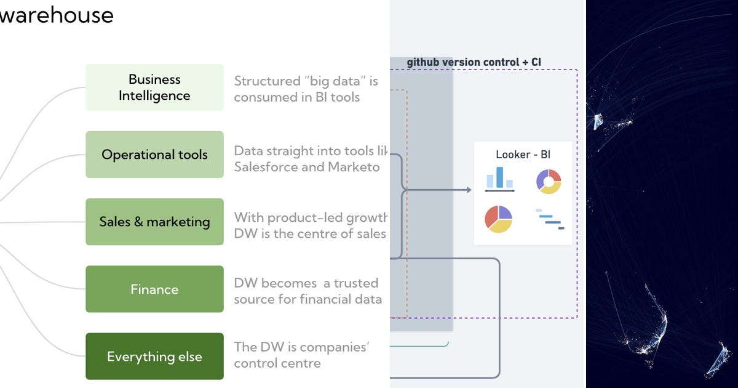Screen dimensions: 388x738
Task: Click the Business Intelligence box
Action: pyautogui.click(x=154, y=87)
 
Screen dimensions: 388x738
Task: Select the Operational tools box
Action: pyautogui.click(x=154, y=155)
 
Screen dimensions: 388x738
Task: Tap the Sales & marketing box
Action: pyautogui.click(x=154, y=222)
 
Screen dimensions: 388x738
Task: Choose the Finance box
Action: pyautogui.click(x=154, y=289)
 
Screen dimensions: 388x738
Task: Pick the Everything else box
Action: pyautogui.click(x=154, y=357)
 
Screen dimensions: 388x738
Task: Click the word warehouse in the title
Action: pyautogui.click(x=57, y=15)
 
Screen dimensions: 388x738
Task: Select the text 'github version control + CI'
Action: pyautogui.click(x=474, y=62)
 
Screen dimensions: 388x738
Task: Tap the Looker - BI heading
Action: pyautogui.click(x=523, y=154)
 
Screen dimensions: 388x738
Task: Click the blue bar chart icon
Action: pyautogui.click(x=499, y=179)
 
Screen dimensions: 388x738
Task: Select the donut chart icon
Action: pyautogui.click(x=549, y=181)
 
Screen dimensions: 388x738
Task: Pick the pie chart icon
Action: pyautogui.click(x=498, y=219)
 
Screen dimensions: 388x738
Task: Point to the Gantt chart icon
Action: pyautogui.click(x=550, y=219)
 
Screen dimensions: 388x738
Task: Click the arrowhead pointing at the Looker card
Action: pyautogui.click(x=469, y=190)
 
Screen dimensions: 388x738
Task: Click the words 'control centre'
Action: pyautogui.click(x=277, y=363)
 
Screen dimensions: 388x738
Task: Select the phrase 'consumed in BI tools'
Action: pyautogui.click(x=296, y=97)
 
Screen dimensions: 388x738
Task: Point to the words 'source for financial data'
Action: pyautogui.click(x=307, y=299)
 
